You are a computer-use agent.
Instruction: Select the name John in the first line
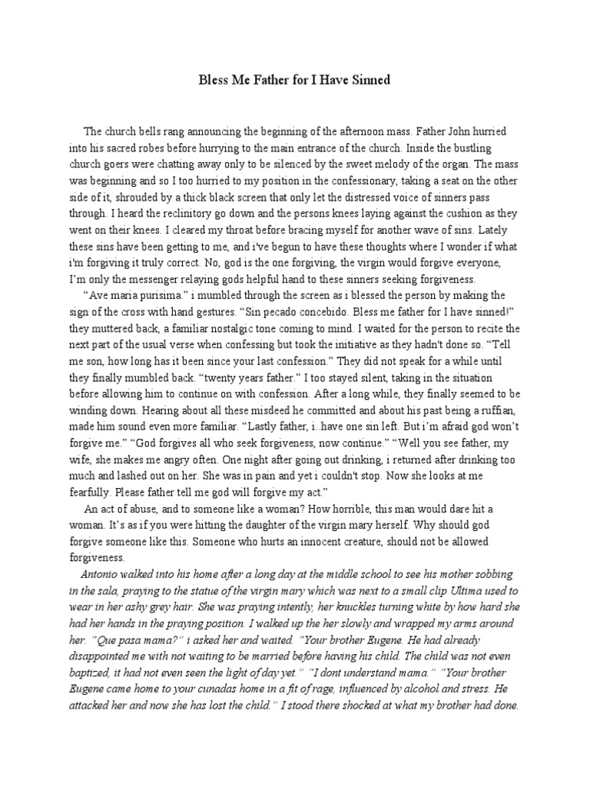470,131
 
